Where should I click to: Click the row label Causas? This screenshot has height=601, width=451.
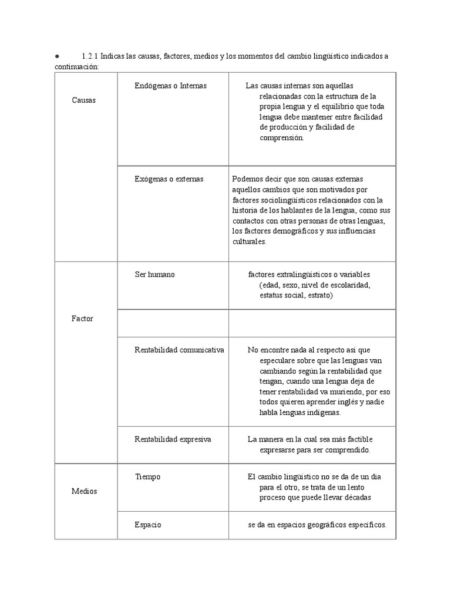83,100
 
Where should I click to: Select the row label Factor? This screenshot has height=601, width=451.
82,319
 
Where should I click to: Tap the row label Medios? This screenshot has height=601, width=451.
84,491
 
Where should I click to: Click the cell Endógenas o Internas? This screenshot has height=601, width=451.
170,86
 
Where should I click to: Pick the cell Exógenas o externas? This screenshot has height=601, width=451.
169,179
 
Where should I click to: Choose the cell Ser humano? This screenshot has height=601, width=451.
154,274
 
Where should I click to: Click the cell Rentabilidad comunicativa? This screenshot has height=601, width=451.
179,350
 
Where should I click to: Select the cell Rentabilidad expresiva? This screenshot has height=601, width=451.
173,439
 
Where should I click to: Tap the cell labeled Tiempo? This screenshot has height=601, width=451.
147,477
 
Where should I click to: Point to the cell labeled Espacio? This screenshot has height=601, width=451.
148,524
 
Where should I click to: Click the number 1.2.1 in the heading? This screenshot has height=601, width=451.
90,56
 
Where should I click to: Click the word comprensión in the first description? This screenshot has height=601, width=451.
282,138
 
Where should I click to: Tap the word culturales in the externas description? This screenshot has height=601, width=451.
250,241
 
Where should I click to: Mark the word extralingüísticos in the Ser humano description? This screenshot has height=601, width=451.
301,274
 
